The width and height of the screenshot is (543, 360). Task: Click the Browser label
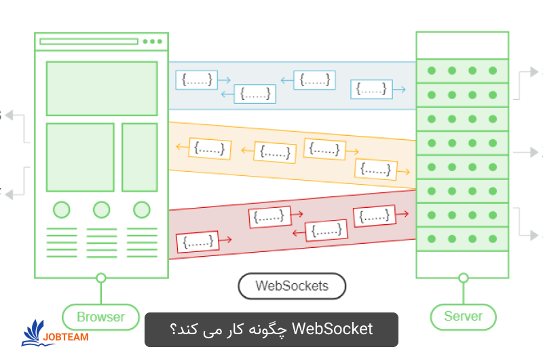point(100,317)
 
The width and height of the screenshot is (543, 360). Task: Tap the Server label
point(463,316)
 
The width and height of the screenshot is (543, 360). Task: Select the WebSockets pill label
point(292,286)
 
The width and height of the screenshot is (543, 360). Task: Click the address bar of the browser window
point(89,41)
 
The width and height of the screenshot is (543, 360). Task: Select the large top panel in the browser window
point(101,88)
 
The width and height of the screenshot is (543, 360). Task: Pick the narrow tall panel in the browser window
point(139,157)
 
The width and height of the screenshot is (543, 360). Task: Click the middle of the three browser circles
point(101,209)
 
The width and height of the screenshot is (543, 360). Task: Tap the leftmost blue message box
point(197,79)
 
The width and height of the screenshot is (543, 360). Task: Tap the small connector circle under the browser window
point(101,277)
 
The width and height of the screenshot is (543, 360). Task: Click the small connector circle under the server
point(463,277)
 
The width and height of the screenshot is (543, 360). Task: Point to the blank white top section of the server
point(462,45)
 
